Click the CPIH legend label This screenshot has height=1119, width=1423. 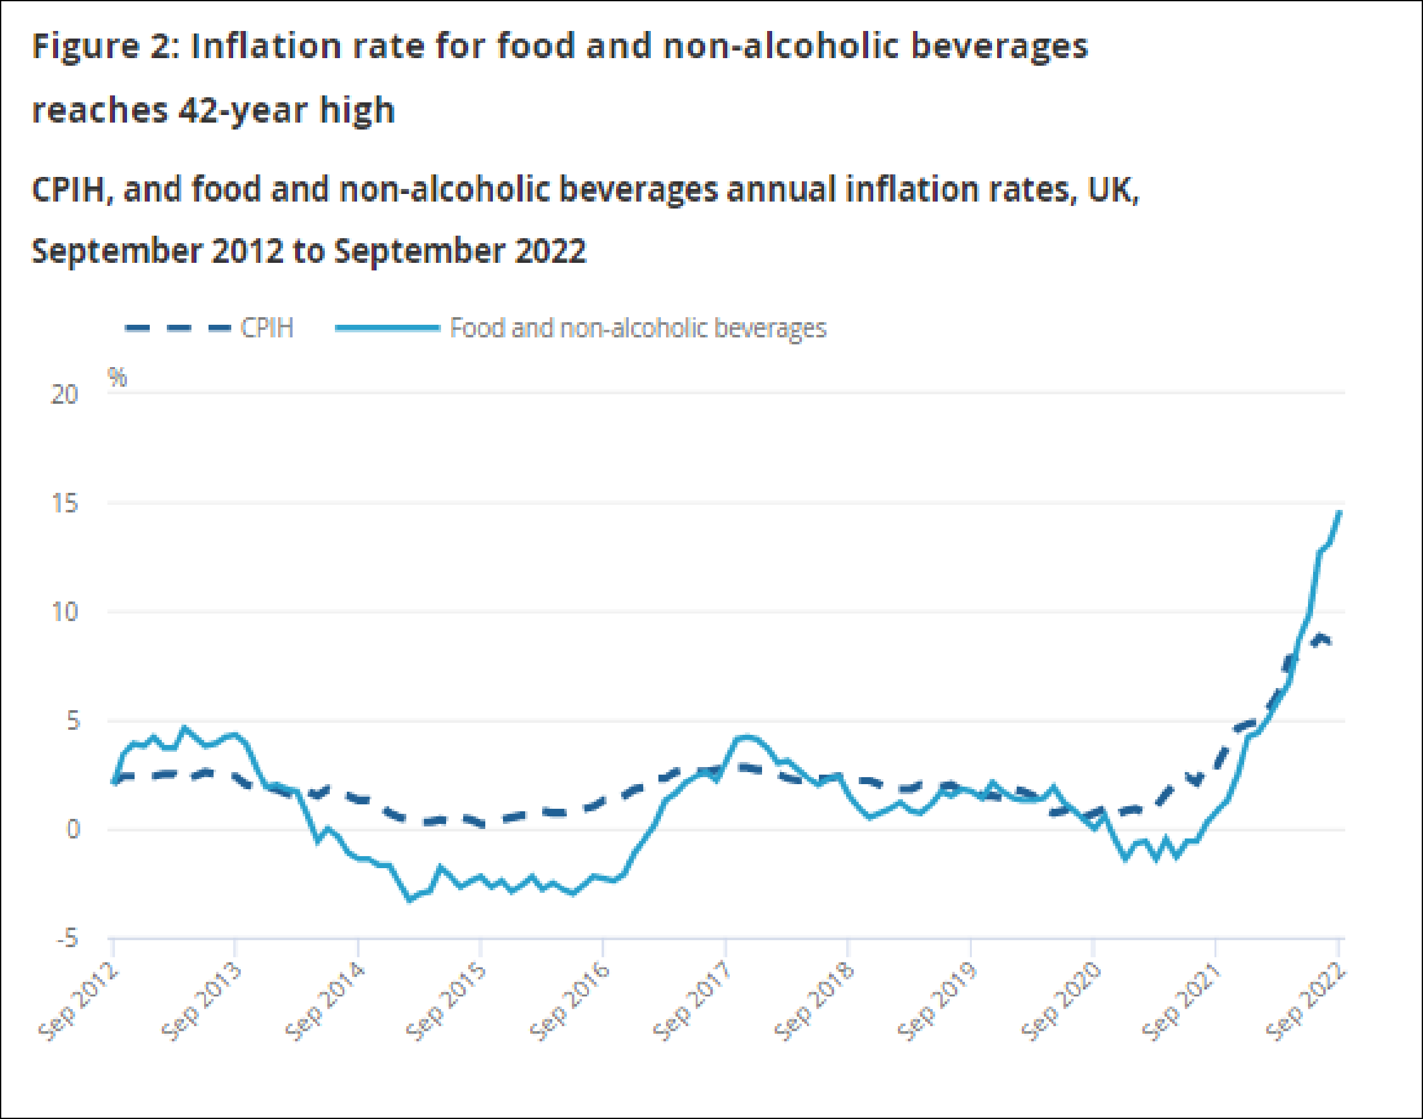pos(267,327)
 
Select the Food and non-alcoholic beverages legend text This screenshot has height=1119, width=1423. pos(638,327)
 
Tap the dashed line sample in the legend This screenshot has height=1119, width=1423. pos(178,327)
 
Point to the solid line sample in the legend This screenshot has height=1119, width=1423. pos(387,327)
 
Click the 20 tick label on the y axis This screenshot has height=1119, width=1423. pos(64,394)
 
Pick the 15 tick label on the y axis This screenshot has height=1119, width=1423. pos(64,504)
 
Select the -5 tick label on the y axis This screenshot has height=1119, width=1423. pos(67,939)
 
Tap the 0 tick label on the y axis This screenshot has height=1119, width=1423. pos(73,830)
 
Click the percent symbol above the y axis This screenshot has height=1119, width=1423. pos(118,377)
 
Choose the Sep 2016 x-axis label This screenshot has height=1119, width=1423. pos(570,1001)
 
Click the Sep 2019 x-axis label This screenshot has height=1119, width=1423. pos(938,1001)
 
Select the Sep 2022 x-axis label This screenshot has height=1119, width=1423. pos(1305,1001)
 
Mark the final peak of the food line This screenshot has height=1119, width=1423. pos(1340,512)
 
